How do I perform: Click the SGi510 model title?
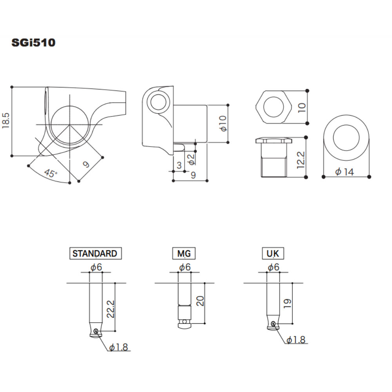(x=33, y=42)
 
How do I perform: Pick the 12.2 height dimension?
(x=301, y=158)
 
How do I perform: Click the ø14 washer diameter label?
(x=345, y=172)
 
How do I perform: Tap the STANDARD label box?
(x=94, y=253)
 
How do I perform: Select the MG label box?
(x=184, y=254)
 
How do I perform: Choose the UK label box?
(x=272, y=254)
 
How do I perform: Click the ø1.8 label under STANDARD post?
(x=119, y=347)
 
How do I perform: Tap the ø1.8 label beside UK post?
(x=296, y=340)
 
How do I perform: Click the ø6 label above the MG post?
(x=185, y=267)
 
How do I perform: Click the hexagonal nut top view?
(x=273, y=106)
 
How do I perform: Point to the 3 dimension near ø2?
(x=179, y=165)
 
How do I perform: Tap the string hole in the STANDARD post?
(x=96, y=332)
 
